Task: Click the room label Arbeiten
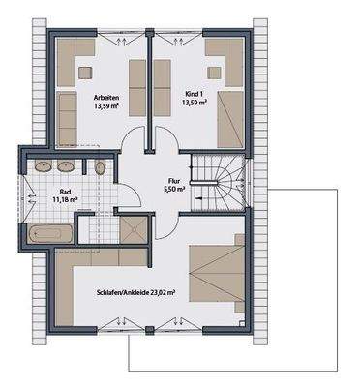tap(106, 97)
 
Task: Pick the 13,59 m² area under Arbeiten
tap(106, 107)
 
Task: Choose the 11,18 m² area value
tap(66, 200)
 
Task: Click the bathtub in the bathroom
tap(48, 233)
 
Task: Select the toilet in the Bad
tap(102, 167)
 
